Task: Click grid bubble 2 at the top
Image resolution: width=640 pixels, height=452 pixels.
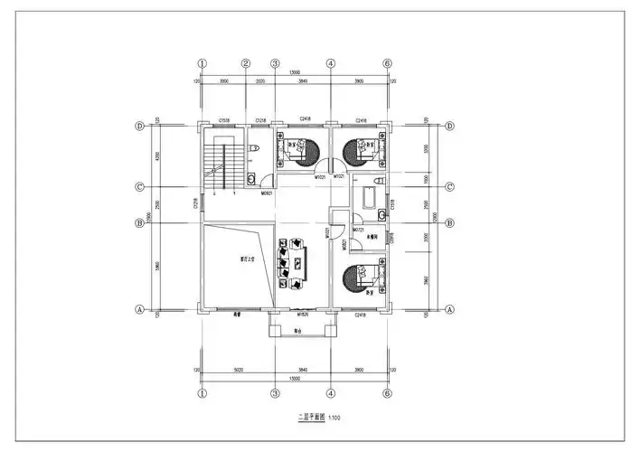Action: click(245, 64)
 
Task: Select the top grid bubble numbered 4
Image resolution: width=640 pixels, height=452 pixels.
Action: click(331, 64)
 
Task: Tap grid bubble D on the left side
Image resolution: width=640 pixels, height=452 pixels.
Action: click(140, 126)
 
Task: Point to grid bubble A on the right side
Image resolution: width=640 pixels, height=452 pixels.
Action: click(448, 308)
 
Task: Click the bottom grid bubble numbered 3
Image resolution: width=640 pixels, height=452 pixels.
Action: click(274, 394)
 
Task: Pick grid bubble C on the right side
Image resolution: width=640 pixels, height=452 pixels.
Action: click(448, 187)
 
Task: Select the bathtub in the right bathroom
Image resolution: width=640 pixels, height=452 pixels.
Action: click(370, 198)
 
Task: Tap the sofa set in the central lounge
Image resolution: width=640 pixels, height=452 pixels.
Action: click(295, 264)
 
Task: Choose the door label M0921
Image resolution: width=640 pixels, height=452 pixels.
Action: click(267, 193)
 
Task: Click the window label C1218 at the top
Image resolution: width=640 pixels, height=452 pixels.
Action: click(260, 119)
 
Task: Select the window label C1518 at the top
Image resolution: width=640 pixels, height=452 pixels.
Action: click(223, 119)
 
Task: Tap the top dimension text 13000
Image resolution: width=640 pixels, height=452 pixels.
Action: click(295, 71)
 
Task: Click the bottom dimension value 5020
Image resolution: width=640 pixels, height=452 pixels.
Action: click(237, 369)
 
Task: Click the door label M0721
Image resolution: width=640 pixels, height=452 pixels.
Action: click(358, 230)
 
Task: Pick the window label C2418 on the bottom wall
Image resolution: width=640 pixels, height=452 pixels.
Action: click(361, 315)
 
